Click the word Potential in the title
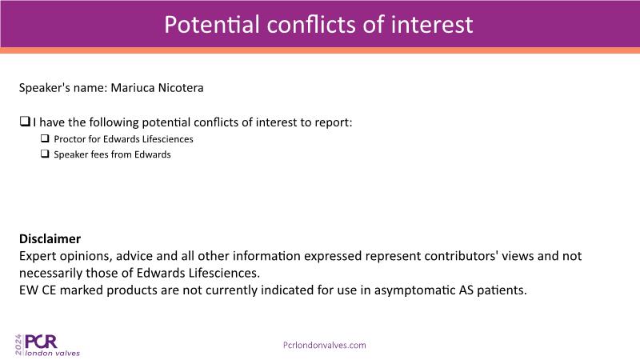pyautogui.click(x=212, y=24)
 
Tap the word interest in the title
pyautogui.click(x=432, y=24)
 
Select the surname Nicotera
pyautogui.click(x=181, y=88)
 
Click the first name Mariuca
pyautogui.click(x=133, y=88)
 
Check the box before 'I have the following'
pyautogui.click(x=25, y=122)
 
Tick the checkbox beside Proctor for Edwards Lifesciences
pyautogui.click(x=45, y=138)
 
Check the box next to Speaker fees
pyautogui.click(x=45, y=154)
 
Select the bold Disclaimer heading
pyautogui.click(x=50, y=238)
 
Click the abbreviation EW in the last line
pyautogui.click(x=29, y=290)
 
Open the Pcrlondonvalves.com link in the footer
pyautogui.click(x=325, y=346)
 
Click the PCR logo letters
pyautogui.click(x=41, y=342)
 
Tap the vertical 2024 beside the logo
pyautogui.click(x=18, y=345)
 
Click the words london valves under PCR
pyautogui.click(x=53, y=353)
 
